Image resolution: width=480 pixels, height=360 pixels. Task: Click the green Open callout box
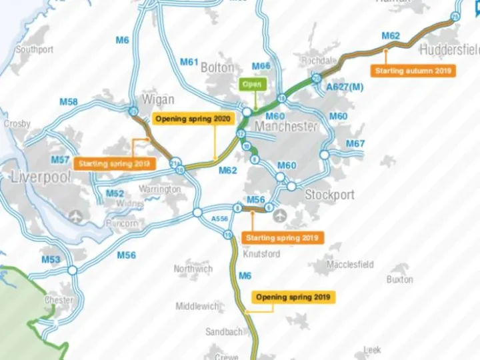[252, 85]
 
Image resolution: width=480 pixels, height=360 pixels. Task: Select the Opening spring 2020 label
[193, 119]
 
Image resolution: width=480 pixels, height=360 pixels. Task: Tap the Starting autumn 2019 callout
[413, 70]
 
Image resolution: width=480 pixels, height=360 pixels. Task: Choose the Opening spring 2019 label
[294, 297]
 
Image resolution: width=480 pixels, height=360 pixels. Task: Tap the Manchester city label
[286, 127]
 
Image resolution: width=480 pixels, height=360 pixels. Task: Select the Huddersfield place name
[449, 50]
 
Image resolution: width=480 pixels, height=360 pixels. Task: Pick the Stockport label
[329, 195]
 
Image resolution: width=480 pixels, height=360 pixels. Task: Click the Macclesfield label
[350, 265]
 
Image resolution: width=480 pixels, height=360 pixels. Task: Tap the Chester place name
[59, 301]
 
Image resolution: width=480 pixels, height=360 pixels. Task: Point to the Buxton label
[399, 279]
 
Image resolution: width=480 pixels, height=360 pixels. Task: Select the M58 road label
[69, 102]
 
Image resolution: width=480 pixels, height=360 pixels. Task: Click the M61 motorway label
[189, 62]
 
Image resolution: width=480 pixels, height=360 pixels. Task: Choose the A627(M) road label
[345, 87]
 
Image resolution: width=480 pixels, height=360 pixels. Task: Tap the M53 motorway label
[51, 259]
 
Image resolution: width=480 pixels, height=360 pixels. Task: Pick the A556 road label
[219, 218]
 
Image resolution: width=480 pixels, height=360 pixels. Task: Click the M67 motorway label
[355, 144]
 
